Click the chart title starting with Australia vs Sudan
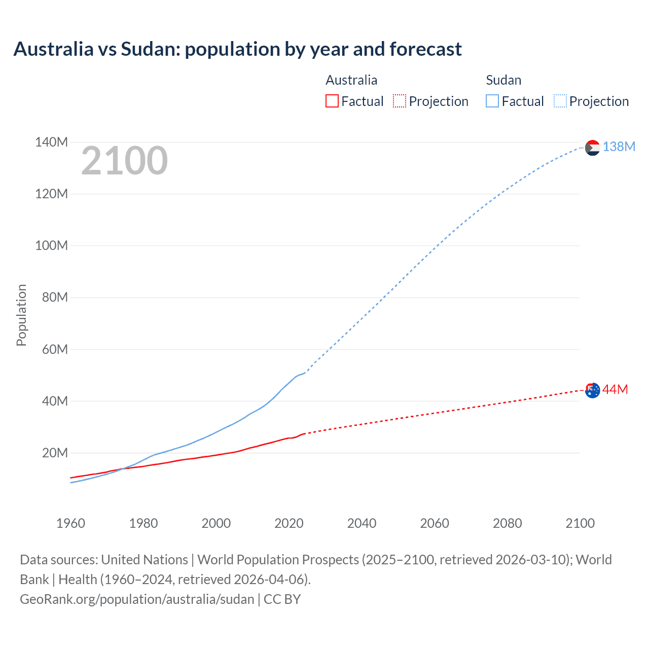(237, 49)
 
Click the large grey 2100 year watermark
(124, 161)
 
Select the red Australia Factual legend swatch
(332, 101)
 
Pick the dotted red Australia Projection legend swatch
(400, 101)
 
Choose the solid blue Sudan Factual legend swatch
(492, 101)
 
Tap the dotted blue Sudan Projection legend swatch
(560, 101)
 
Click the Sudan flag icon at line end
(592, 148)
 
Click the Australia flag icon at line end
(592, 390)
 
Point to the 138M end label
(619, 147)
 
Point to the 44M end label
(615, 389)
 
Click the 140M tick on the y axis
(51, 142)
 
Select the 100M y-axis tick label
(51, 245)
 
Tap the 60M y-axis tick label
(55, 349)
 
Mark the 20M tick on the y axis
(55, 453)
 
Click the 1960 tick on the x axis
(70, 523)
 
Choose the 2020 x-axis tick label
(289, 523)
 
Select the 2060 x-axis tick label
(435, 523)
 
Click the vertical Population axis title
(21, 315)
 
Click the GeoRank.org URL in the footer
(137, 599)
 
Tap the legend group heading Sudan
(503, 80)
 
